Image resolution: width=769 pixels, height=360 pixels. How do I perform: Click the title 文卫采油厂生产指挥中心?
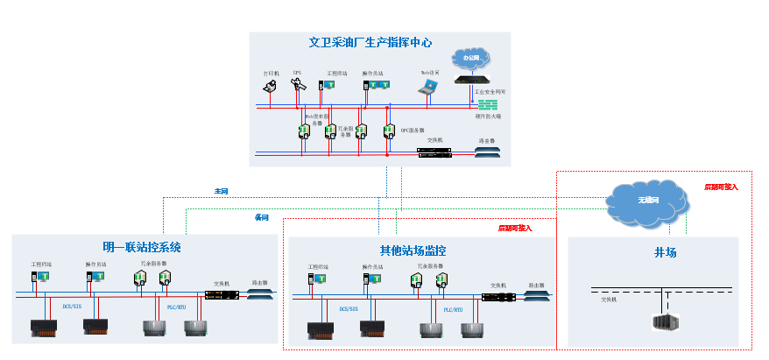click(370, 42)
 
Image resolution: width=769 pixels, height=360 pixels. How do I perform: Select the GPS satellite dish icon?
click(297, 85)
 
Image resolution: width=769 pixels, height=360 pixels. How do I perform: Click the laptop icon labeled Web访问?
click(427, 87)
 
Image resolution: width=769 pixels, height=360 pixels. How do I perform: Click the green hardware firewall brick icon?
click(488, 103)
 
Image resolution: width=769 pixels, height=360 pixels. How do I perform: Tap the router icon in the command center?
click(487, 152)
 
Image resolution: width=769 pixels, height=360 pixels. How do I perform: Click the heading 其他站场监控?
click(413, 251)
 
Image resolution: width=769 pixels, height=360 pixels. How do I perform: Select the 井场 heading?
click(665, 252)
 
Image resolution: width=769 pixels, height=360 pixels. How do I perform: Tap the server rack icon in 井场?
click(666, 321)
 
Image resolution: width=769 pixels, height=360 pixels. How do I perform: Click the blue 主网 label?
click(222, 191)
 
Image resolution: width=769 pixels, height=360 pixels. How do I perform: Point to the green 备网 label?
click(261, 217)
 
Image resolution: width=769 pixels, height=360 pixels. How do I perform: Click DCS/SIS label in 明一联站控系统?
click(72, 307)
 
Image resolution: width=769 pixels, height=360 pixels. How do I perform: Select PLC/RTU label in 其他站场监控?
click(452, 309)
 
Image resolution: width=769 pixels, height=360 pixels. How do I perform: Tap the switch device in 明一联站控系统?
click(221, 294)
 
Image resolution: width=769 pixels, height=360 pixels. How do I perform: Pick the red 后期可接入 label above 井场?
click(721, 187)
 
